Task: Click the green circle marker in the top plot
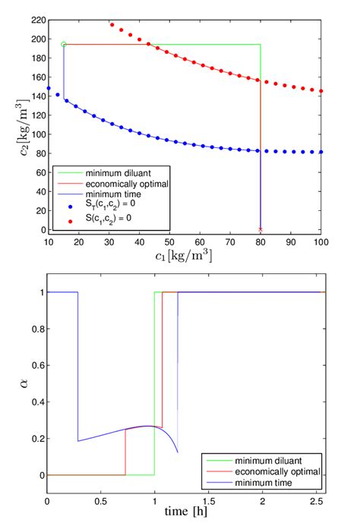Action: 64,45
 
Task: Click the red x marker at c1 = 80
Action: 261,228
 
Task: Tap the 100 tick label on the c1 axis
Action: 321,241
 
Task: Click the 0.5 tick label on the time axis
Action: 101,503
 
